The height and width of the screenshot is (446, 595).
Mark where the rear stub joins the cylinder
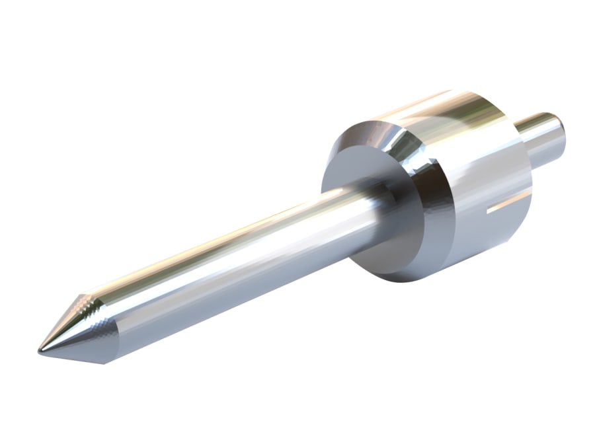pyautogui.click(x=522, y=142)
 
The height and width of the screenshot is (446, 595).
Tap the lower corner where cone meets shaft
pyautogui.click(x=106, y=360)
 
